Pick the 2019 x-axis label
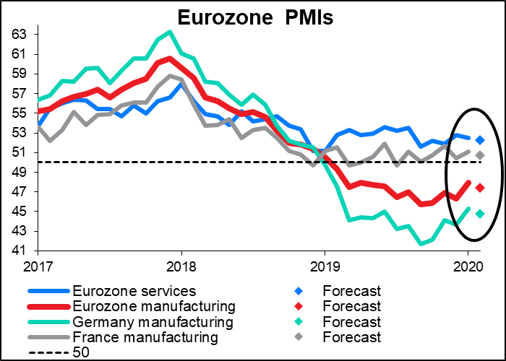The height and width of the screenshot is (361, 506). [325, 266]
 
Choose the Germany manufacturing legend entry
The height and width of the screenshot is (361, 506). [154, 321]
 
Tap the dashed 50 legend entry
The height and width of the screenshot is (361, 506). [80, 352]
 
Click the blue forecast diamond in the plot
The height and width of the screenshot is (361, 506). [480, 139]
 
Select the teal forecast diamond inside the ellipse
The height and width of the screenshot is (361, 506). [480, 214]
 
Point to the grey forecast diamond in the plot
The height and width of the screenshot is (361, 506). [480, 155]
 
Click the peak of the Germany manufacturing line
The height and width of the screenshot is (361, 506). [169, 32]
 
